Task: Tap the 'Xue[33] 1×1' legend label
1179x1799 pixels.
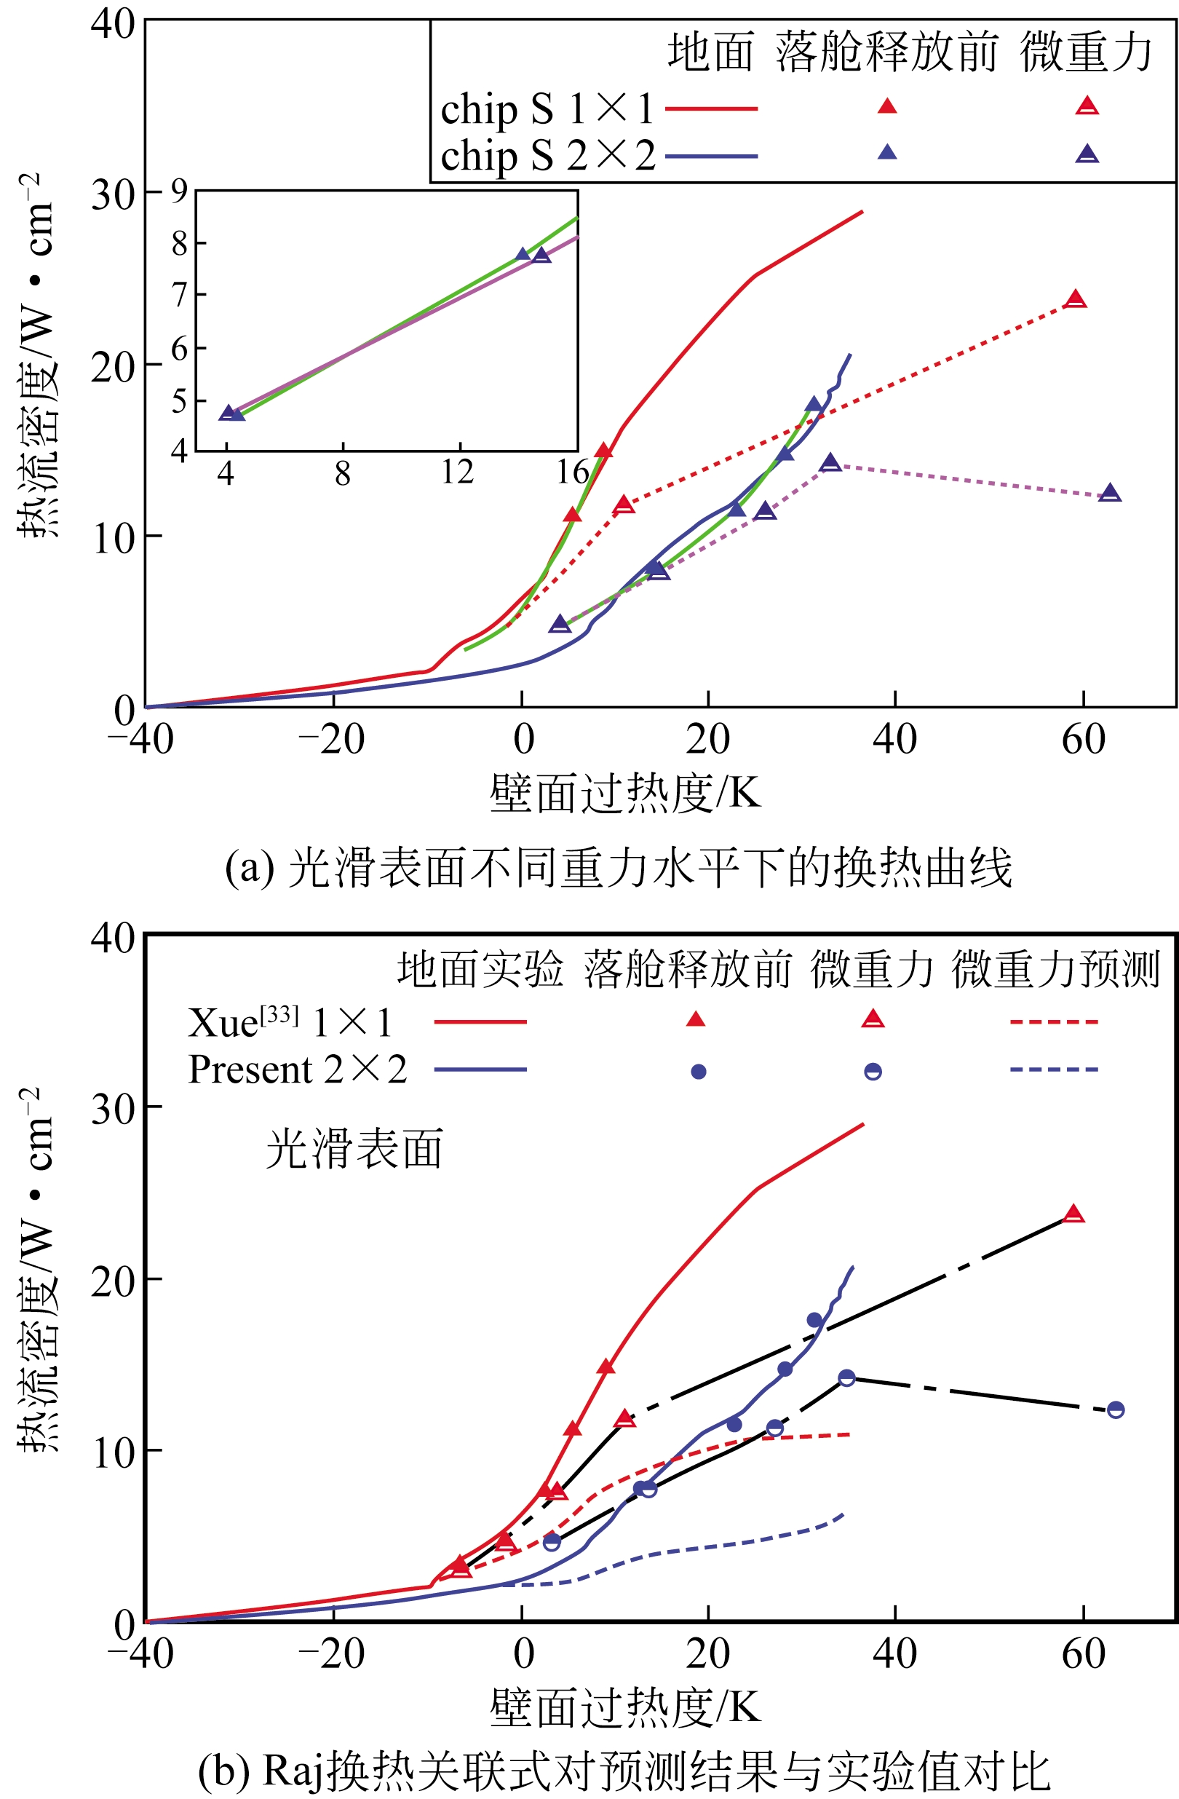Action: [x=290, y=1023]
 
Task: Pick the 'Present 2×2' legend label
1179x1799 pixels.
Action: [x=298, y=1069]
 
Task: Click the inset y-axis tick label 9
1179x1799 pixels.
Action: [x=179, y=191]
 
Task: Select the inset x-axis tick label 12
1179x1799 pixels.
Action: [x=457, y=473]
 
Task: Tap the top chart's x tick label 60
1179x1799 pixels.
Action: [x=1083, y=740]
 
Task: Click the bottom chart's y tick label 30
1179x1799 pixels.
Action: [x=114, y=1108]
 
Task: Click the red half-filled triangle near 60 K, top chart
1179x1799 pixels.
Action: [x=1075, y=299]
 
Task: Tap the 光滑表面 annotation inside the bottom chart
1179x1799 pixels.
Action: [x=354, y=1149]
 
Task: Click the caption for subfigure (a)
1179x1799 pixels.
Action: [x=618, y=869]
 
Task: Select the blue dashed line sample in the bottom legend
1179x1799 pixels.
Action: [x=1054, y=1069]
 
